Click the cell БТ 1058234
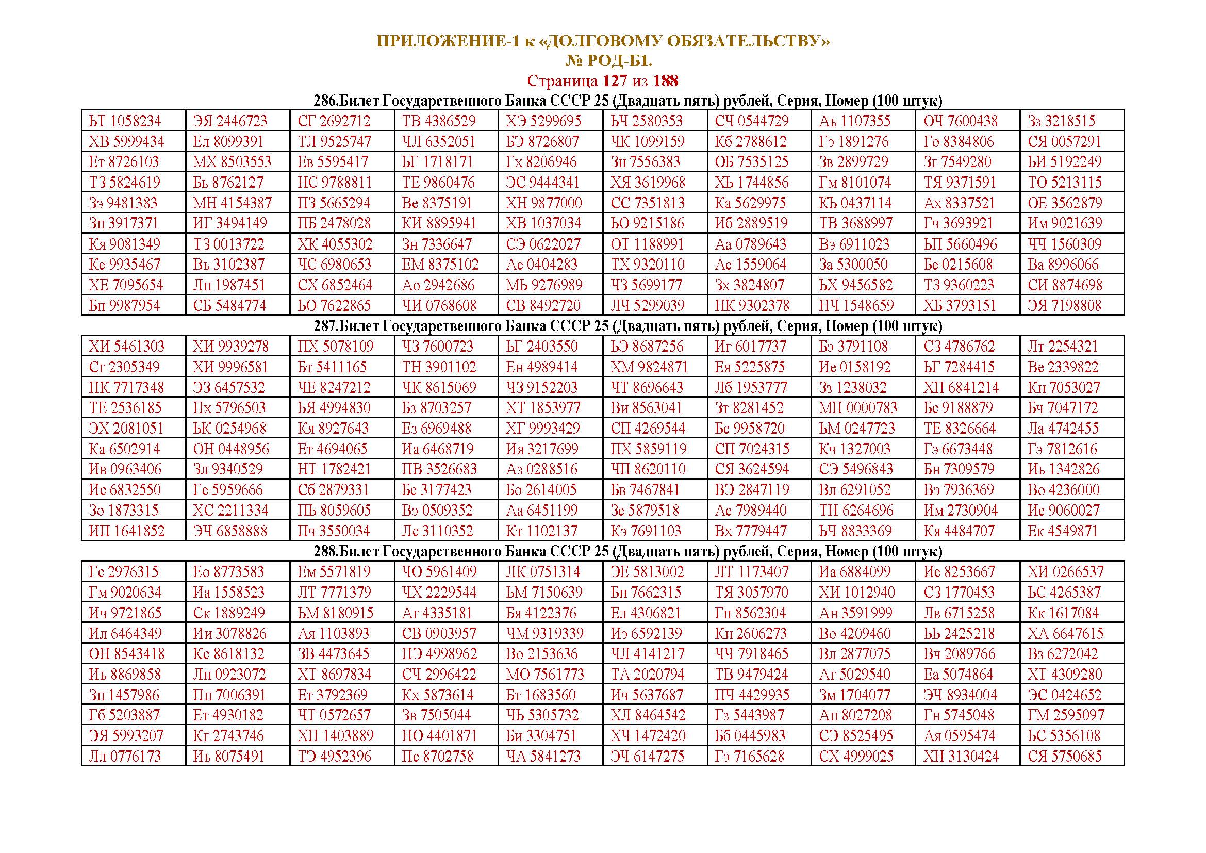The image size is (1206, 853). tap(125, 121)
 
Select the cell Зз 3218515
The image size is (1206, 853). tap(1061, 121)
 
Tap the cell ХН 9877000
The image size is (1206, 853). tap(543, 203)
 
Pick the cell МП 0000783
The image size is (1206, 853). tap(858, 407)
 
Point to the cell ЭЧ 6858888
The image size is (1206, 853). tap(229, 531)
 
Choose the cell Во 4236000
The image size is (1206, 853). tap(1063, 490)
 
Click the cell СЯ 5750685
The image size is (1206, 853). tap(1065, 757)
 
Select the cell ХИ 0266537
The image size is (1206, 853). tap(1066, 571)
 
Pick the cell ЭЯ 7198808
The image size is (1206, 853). tap(1064, 306)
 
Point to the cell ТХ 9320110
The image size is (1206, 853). tap(647, 265)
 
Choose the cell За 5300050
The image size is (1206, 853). tap(853, 265)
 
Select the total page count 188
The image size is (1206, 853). tap(666, 81)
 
